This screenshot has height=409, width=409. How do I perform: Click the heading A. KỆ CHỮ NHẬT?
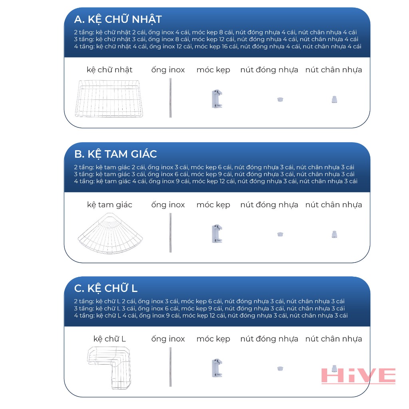coord(118,20)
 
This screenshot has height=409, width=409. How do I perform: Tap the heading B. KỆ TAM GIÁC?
coord(115,154)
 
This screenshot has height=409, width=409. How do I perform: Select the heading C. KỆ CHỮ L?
coord(105,288)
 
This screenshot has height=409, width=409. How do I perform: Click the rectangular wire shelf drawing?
coord(109,99)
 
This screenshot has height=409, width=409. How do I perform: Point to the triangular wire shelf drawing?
coord(110,233)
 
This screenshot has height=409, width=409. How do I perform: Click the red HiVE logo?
coord(358,376)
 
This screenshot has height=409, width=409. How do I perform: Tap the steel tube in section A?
coord(170,98)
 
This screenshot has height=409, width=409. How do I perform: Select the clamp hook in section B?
coord(217,233)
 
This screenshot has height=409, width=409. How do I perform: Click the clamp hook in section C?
coord(217,368)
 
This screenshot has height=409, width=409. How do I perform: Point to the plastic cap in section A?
coord(280,99)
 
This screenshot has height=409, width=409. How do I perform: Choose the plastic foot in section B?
coord(334,234)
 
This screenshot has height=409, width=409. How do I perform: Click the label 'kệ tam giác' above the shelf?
coord(109,205)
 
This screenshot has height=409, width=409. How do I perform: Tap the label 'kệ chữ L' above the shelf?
coord(109,339)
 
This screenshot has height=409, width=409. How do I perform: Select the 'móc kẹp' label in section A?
coord(213,70)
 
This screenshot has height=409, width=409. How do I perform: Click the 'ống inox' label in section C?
coord(168,339)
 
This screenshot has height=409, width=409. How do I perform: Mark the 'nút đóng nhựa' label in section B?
coord(269,205)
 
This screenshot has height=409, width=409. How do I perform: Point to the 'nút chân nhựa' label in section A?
coord(334,70)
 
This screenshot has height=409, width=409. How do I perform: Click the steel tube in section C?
coord(170,367)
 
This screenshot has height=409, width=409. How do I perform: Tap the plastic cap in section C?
coord(280,369)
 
